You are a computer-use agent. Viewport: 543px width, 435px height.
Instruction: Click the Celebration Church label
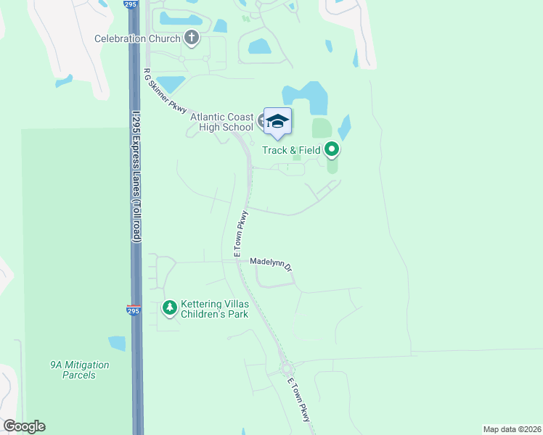(x=136, y=38)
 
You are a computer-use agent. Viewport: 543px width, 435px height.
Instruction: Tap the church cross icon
(x=192, y=37)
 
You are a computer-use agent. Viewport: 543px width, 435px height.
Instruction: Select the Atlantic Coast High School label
(x=221, y=122)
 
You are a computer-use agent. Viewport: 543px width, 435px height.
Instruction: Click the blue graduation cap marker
(x=277, y=121)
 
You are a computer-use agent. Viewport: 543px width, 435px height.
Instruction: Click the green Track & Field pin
(x=332, y=150)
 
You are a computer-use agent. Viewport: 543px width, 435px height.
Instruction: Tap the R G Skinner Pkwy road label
(x=166, y=91)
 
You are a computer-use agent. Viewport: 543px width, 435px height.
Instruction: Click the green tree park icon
(x=169, y=308)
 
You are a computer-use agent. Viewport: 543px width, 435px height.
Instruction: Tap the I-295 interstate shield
(x=134, y=309)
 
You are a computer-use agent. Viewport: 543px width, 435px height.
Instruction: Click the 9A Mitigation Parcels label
(x=73, y=370)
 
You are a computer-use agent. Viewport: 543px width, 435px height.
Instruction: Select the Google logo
(x=24, y=426)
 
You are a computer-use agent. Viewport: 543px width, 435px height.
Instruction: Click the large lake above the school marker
(x=306, y=97)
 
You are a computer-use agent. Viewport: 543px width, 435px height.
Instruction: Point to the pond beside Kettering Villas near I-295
(x=117, y=343)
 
